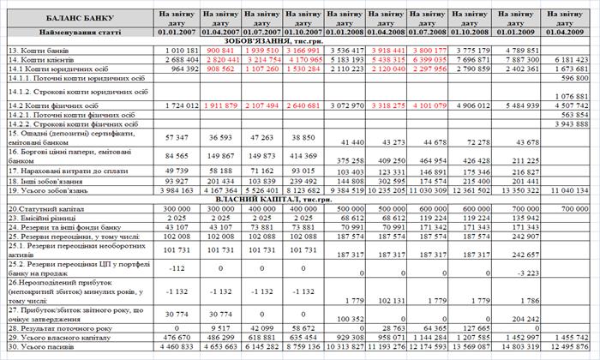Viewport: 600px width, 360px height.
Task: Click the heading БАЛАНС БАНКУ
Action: coord(76,17)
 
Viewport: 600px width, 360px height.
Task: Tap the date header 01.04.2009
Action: coord(565,32)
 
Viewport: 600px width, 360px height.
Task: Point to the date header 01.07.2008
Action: coord(429,32)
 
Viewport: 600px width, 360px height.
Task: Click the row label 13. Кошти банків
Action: coord(43,51)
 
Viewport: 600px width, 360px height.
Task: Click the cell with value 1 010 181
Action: coord(179,51)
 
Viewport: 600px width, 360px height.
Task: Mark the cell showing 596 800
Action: coord(573,78)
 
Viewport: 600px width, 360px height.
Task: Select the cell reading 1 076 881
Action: coord(571,96)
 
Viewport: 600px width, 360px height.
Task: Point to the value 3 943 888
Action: coord(570,123)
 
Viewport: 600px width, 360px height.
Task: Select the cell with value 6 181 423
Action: coord(570,60)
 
